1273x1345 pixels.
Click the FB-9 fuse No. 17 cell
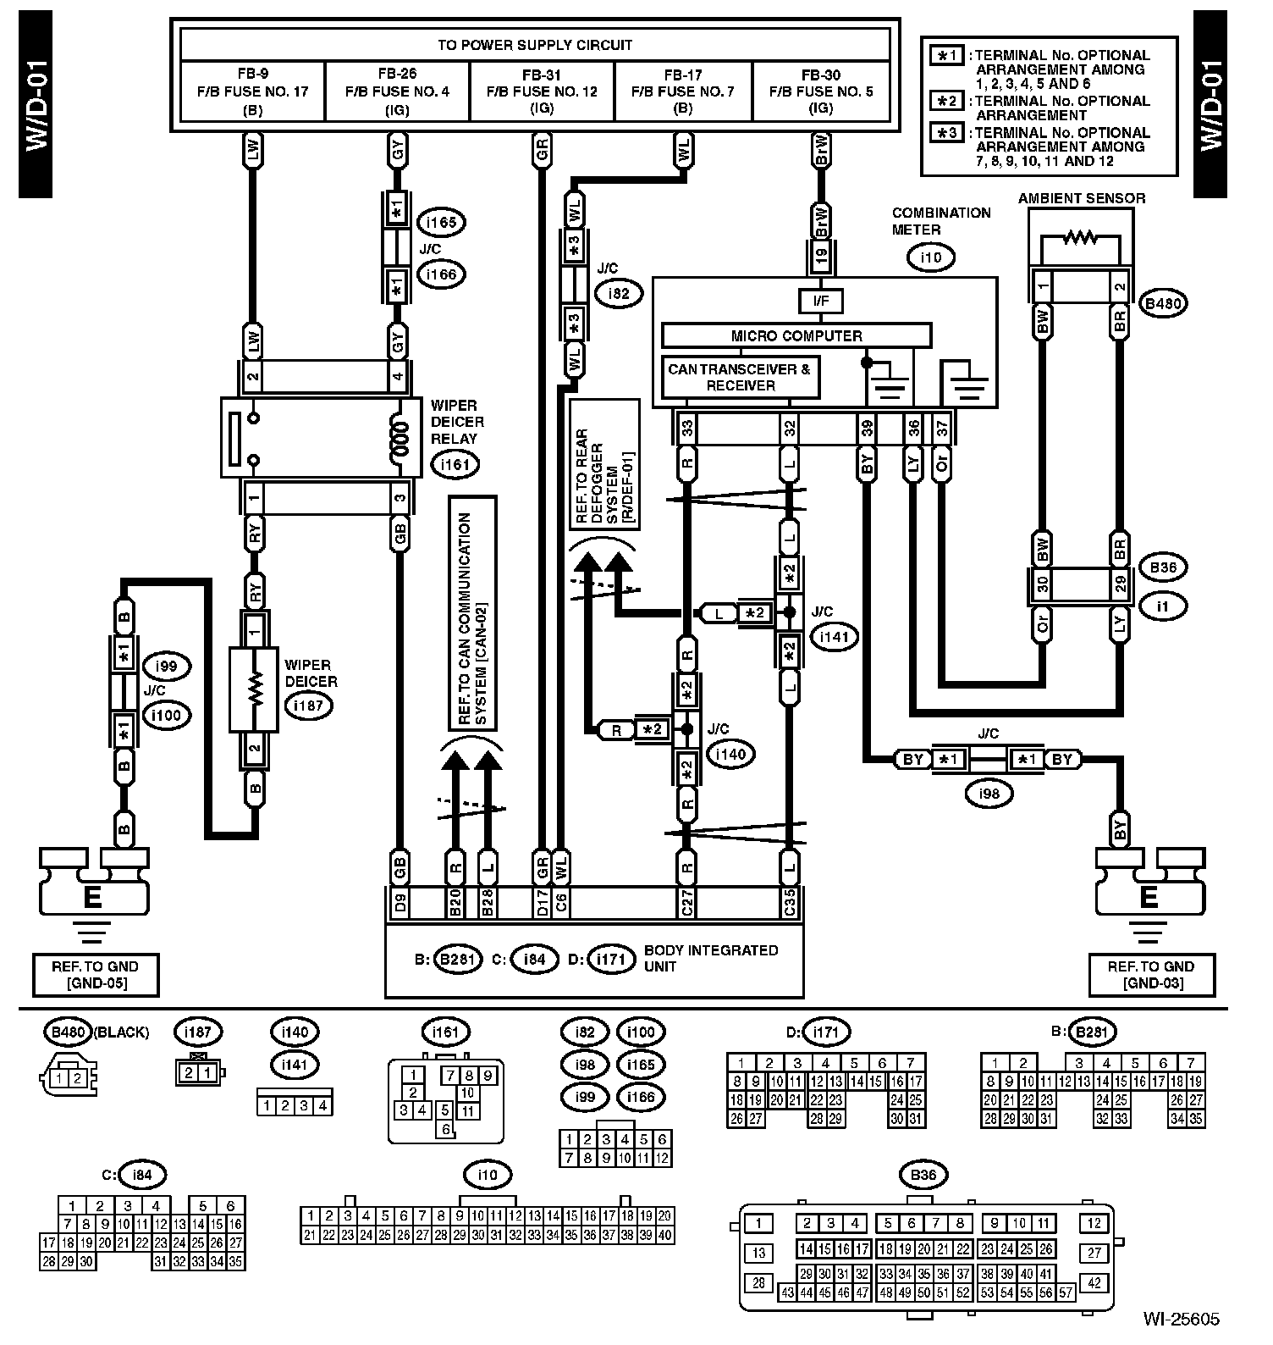[253, 91]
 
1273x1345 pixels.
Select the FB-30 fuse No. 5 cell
[821, 91]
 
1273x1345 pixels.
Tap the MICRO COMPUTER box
[796, 336]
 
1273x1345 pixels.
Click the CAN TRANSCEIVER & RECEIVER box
[740, 378]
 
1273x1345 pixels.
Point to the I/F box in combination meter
[820, 301]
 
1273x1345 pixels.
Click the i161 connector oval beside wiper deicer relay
[455, 464]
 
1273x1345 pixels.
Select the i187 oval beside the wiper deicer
[308, 705]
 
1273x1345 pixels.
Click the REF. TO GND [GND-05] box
[95, 975]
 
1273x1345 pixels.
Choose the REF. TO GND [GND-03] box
[1151, 975]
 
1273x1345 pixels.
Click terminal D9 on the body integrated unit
[400, 904]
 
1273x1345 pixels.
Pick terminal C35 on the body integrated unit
[790, 904]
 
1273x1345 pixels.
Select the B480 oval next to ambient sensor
[1163, 303]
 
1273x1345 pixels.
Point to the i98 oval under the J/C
[988, 794]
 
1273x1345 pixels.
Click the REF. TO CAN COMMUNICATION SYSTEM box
[472, 613]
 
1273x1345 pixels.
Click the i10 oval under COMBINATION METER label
[930, 257]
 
